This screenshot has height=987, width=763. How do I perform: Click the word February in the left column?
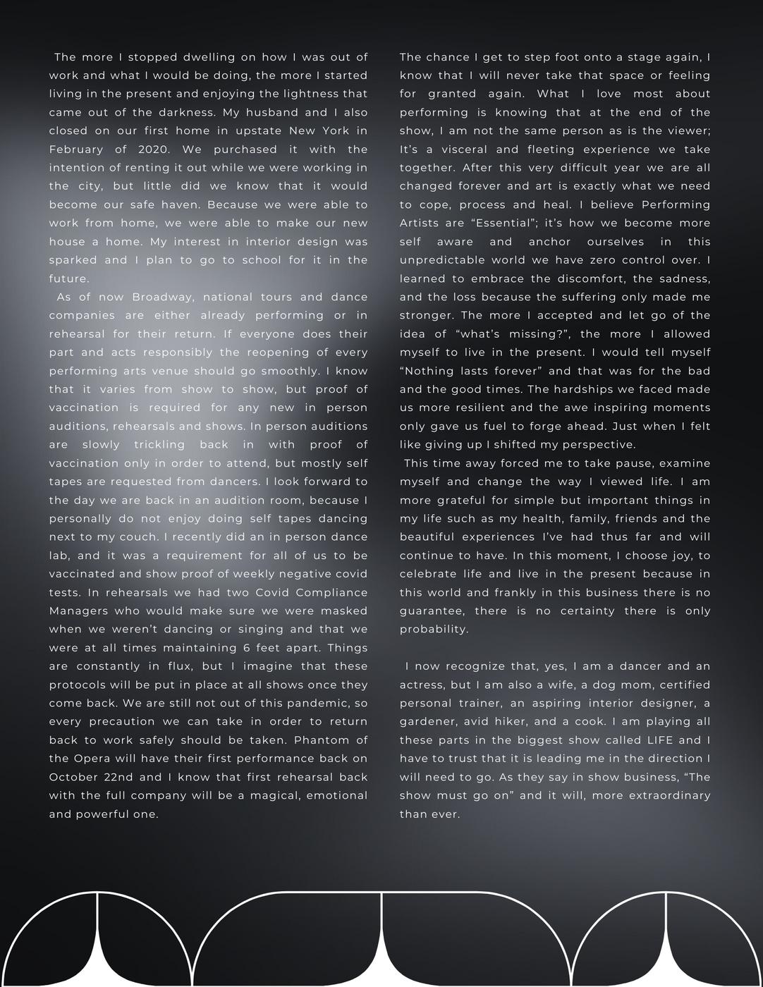pos(77,149)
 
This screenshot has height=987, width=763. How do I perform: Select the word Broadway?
pos(159,297)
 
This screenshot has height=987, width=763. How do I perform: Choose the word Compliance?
pos(331,592)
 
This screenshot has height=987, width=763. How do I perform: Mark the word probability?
pos(434,629)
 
